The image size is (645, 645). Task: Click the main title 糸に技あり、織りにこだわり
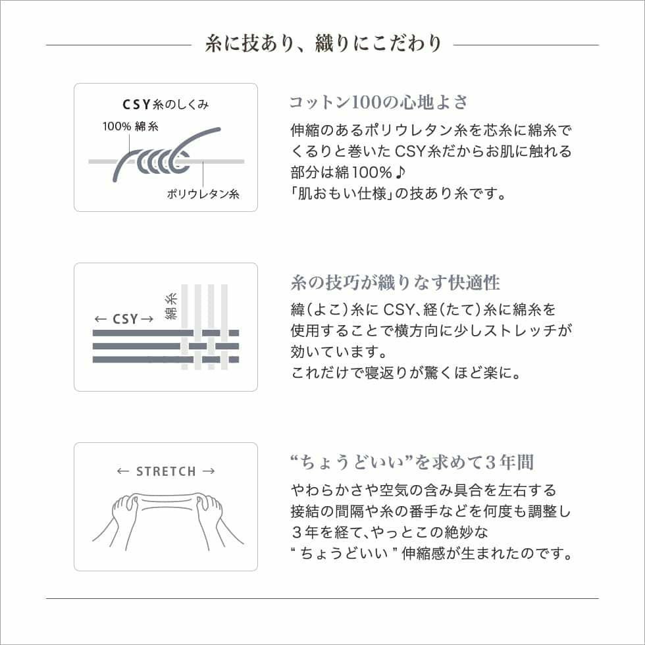tap(322, 44)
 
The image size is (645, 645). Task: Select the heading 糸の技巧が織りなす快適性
tap(395, 283)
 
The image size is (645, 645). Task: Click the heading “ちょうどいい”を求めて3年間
tap(411, 462)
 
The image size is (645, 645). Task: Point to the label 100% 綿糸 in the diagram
tap(130, 126)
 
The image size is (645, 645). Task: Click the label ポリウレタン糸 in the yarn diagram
tap(203, 194)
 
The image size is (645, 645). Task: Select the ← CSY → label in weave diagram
tap(124, 319)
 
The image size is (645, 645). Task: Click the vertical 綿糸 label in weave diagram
tap(170, 306)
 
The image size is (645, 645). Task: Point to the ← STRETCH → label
tap(166, 471)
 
